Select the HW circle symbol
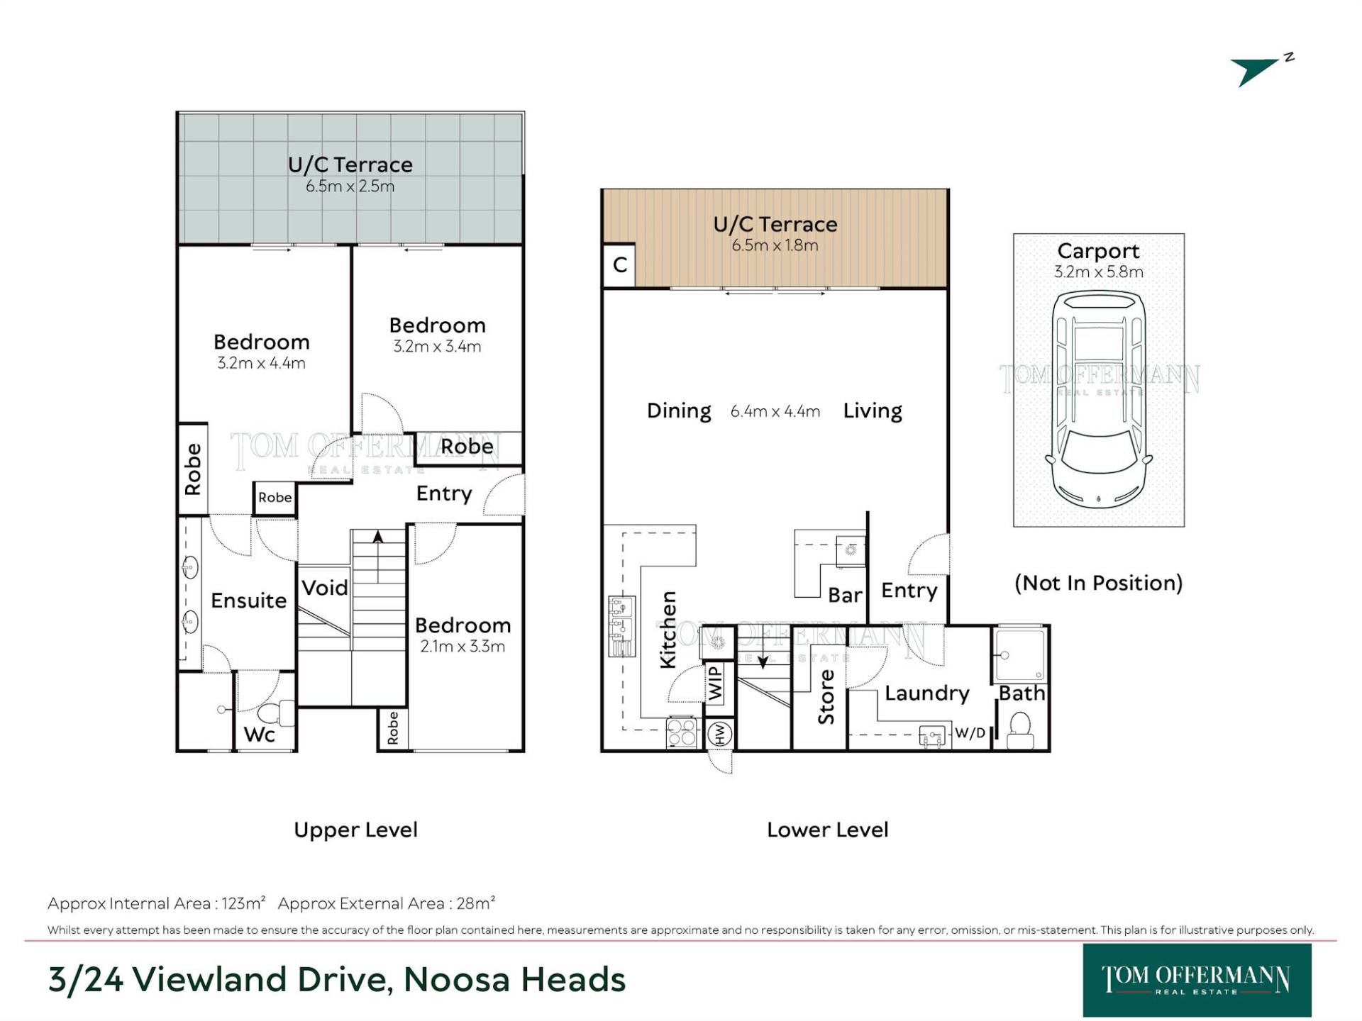pos(719,734)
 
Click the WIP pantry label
pos(715,681)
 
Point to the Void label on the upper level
pos(324,588)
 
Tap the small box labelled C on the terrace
pos(619,265)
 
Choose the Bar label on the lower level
pos(845,596)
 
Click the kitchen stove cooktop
pos(682,732)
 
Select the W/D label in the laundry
pos(970,732)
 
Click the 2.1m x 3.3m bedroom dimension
pos(463,647)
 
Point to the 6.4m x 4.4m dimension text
pos(775,412)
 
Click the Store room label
pos(826,697)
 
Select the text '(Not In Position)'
pos(1099,583)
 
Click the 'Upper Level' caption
pos(355,830)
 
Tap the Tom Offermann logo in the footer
pos(1197,981)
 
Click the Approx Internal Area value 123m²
pos(243,903)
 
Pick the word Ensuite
pos(248,601)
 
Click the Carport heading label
pos(1098,251)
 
